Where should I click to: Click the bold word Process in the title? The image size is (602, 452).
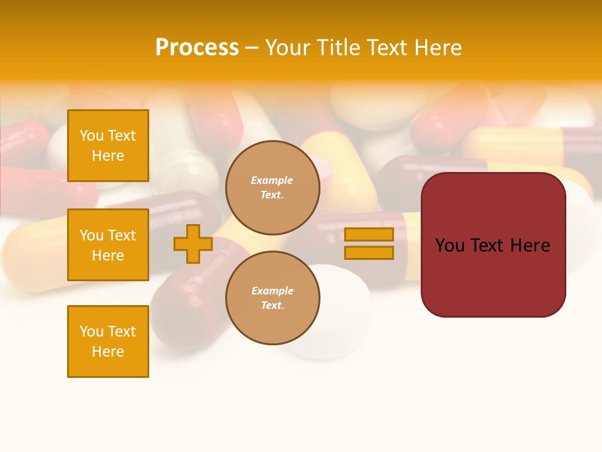(x=197, y=48)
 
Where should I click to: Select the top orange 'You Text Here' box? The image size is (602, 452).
(x=108, y=146)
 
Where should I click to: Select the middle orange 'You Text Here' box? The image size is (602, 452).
(x=108, y=245)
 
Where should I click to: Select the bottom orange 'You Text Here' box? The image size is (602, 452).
(x=108, y=341)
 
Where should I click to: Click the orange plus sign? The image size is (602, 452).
(x=193, y=244)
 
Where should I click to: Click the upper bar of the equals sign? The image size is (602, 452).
(x=369, y=234)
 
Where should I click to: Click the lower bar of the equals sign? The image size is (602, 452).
(x=369, y=253)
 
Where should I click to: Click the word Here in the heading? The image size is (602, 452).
(x=438, y=48)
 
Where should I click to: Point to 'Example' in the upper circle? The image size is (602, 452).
(x=272, y=180)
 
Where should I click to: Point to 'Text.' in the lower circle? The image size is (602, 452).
(x=272, y=305)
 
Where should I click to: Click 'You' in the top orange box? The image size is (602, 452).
(x=92, y=136)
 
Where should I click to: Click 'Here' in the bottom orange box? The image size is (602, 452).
(x=108, y=352)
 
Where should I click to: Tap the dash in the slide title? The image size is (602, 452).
(x=252, y=48)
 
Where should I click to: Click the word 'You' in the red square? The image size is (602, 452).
(x=450, y=245)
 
